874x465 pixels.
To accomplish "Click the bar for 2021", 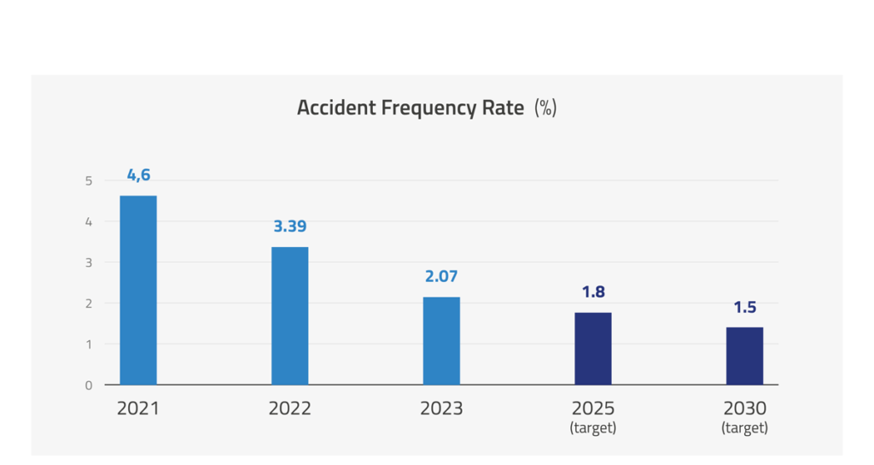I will tap(138, 291).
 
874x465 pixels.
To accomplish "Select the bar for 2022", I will tap(290, 316).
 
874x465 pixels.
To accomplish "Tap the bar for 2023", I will tap(441, 341).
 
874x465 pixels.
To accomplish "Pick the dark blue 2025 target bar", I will tap(593, 349).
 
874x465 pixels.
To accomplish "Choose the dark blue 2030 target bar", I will tap(744, 356).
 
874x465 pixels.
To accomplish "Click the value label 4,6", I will tap(138, 175).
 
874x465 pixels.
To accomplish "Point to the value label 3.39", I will tap(290, 227).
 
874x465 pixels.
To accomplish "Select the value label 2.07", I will tap(441, 277).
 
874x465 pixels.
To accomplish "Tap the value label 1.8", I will tap(593, 292).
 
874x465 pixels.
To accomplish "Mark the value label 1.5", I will tap(744, 307).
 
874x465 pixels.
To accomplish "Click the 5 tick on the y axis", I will tap(89, 181).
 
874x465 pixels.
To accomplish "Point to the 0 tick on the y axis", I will tap(89, 386).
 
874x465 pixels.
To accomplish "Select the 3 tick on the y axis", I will tap(89, 262).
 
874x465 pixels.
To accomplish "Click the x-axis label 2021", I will tap(138, 409).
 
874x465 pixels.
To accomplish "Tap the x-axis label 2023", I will tap(441, 409).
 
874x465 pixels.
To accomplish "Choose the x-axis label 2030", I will tap(744, 409).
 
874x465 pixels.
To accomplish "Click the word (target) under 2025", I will tap(593, 428).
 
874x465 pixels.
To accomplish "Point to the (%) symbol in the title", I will tap(545, 109).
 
